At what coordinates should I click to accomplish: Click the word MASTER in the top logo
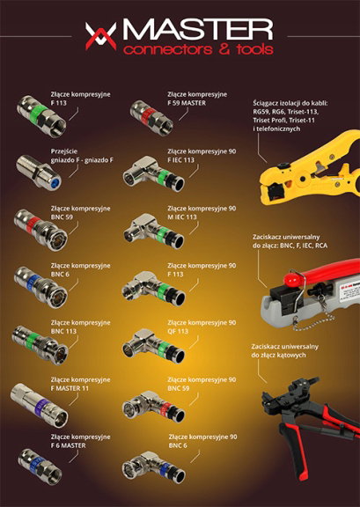[198, 30]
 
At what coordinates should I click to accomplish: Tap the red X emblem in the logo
[101, 36]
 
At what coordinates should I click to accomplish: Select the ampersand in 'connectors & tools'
[224, 49]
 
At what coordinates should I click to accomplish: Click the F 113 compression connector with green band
[41, 116]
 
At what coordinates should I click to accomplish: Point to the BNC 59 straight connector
[40, 230]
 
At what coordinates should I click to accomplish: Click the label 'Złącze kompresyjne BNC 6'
[81, 269]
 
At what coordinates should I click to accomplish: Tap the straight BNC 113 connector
[40, 345]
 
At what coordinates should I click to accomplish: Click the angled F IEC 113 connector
[154, 174]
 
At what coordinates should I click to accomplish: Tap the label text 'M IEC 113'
[182, 217]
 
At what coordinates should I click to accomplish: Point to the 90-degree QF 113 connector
[154, 346]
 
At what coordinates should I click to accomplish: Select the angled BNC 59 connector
[154, 407]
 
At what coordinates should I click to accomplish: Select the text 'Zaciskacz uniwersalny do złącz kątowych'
[285, 351]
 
